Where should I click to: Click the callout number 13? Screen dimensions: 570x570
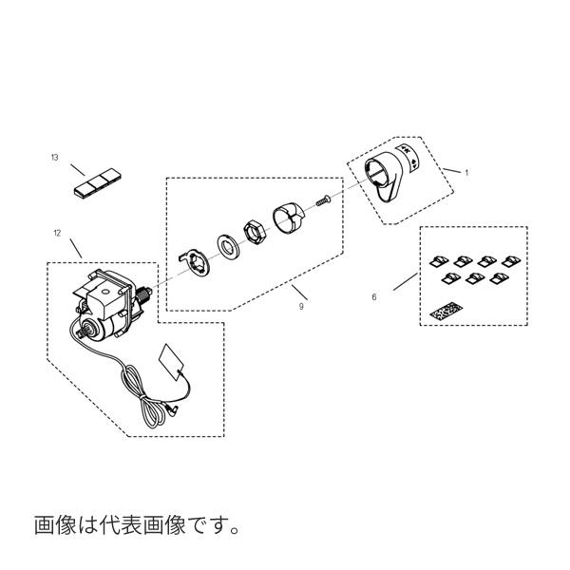pyautogui.click(x=55, y=158)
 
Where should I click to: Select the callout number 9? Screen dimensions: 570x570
pyautogui.click(x=301, y=307)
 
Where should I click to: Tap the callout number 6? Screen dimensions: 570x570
pyautogui.click(x=376, y=296)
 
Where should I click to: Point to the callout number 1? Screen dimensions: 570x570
pyautogui.click(x=466, y=172)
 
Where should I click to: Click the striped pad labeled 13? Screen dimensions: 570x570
pyautogui.click(x=97, y=180)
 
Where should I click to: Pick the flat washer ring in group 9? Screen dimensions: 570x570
pyautogui.click(x=229, y=246)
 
